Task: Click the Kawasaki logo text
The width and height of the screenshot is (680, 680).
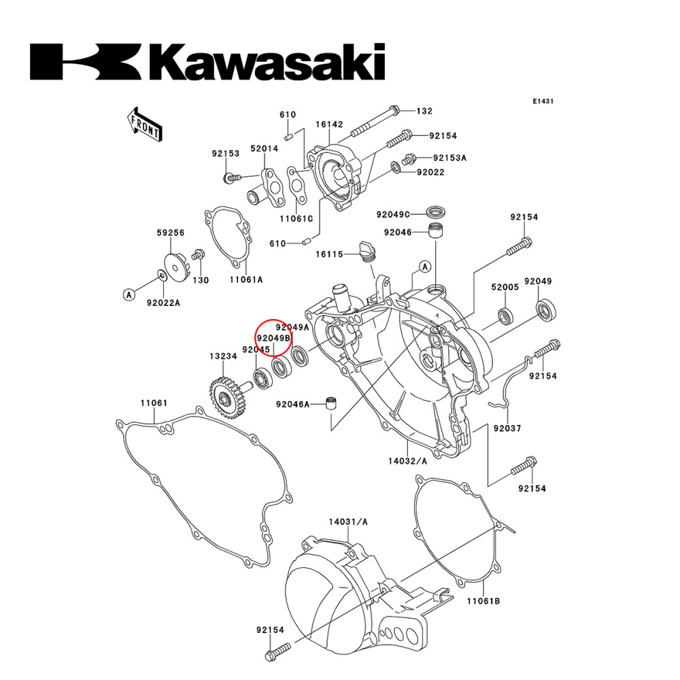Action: pyautogui.click(x=207, y=62)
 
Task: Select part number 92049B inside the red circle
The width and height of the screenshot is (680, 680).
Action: pyautogui.click(x=273, y=338)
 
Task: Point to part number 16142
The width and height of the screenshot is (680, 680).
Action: pyautogui.click(x=329, y=125)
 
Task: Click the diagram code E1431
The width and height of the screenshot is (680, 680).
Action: pyautogui.click(x=543, y=101)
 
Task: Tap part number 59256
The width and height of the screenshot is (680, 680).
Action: pyautogui.click(x=171, y=232)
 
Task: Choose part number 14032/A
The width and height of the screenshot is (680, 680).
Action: pyautogui.click(x=408, y=461)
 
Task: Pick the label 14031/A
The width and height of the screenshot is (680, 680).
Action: pyautogui.click(x=348, y=522)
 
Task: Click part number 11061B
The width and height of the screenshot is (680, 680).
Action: pyautogui.click(x=483, y=602)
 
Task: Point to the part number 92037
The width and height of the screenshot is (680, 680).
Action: pyautogui.click(x=507, y=428)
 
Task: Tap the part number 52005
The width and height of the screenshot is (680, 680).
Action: pyautogui.click(x=505, y=288)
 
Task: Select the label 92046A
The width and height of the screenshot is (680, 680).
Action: pyautogui.click(x=293, y=405)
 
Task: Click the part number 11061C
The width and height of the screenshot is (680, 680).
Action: pyautogui.click(x=296, y=219)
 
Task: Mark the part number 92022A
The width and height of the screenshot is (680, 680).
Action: pyautogui.click(x=164, y=303)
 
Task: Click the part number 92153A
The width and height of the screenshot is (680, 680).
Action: pyautogui.click(x=450, y=157)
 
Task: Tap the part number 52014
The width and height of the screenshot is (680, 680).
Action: pyautogui.click(x=264, y=148)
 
